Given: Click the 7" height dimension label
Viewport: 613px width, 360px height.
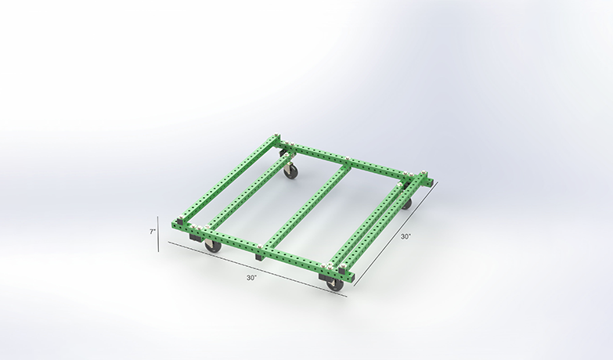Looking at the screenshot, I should (153, 231).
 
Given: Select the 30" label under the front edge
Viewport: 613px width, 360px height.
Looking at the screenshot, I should (251, 277).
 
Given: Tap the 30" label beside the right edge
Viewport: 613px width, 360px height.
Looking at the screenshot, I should (405, 235).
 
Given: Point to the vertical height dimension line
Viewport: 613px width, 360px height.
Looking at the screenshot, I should (160, 232).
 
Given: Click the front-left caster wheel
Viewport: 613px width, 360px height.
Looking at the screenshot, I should (212, 246).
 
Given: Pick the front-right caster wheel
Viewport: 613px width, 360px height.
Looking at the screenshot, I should (335, 284).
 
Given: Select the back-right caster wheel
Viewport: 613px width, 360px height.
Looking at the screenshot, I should (406, 203).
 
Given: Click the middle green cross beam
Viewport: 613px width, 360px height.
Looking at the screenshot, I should (305, 207).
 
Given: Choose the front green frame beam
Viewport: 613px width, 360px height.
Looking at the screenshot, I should (258, 247).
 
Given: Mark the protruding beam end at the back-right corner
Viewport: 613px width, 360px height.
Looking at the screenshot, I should (427, 181).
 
